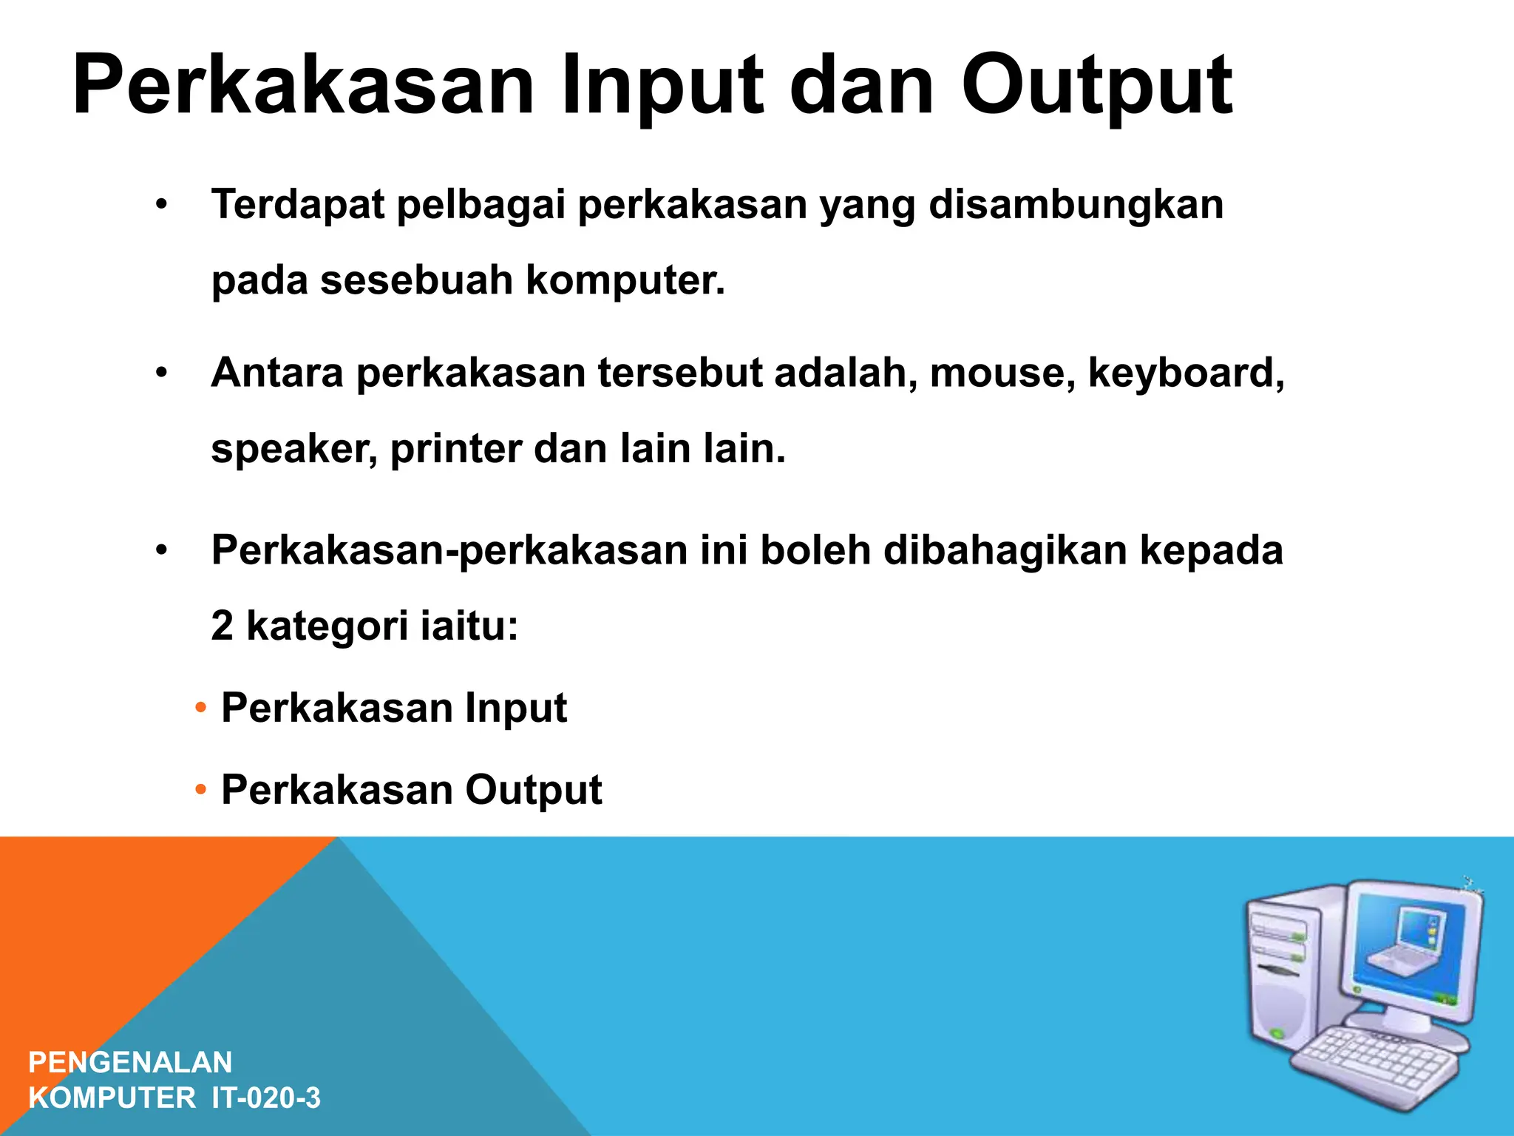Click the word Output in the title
(1096, 85)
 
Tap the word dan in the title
(862, 85)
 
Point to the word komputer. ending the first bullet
(625, 280)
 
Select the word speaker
(293, 449)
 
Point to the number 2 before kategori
(222, 626)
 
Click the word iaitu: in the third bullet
(469, 626)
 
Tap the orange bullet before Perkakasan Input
(200, 709)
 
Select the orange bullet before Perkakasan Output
(200, 791)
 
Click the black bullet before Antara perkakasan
(162, 373)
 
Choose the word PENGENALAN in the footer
(130, 1062)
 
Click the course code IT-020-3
(266, 1098)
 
